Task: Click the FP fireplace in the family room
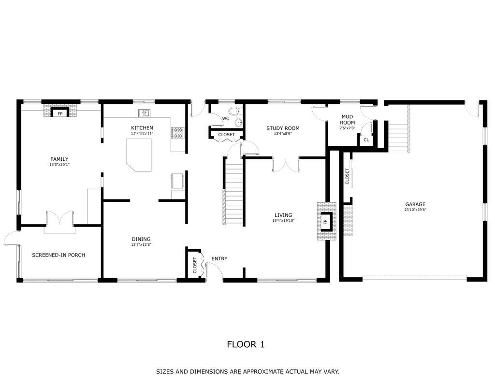point(60,113)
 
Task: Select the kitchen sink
point(144,113)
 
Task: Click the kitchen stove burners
point(177,133)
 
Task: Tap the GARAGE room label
point(415,204)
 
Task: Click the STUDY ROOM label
point(283,128)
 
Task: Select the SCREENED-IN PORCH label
point(58,255)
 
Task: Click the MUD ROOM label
point(347,119)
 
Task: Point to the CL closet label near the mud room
point(366,140)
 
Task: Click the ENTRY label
point(219,259)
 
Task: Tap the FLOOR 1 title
point(246,344)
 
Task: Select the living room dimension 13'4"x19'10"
point(283,221)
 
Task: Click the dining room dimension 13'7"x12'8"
point(141,244)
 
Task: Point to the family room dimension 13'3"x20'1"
point(59,165)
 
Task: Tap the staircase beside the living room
point(233,191)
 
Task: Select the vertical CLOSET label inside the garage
point(347,176)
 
